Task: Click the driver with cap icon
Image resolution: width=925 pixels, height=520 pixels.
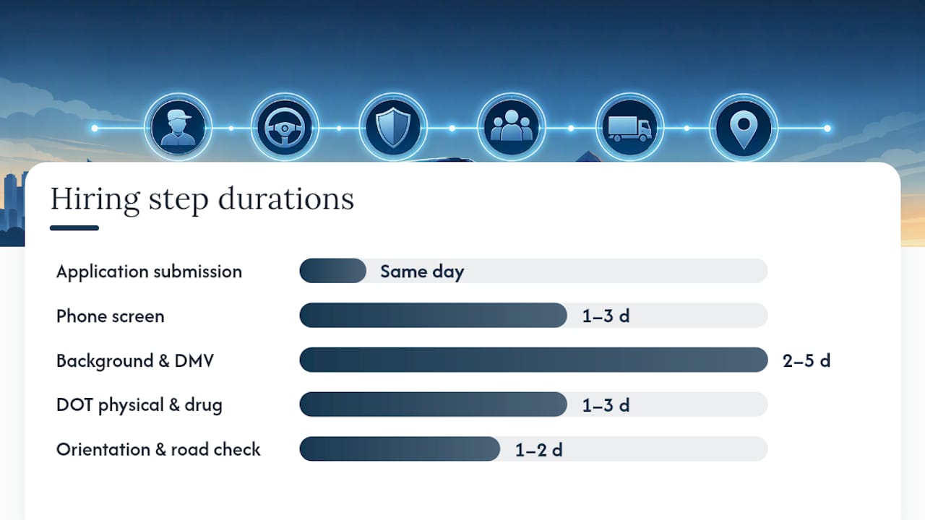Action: point(178,127)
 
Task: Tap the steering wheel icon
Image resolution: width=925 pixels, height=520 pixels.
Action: point(285,128)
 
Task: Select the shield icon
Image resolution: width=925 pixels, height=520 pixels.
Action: point(393,127)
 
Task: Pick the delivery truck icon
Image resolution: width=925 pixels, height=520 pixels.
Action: point(629,129)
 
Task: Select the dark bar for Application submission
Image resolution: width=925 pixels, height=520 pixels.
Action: point(332,271)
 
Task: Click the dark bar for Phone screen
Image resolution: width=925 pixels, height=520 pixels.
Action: point(433,316)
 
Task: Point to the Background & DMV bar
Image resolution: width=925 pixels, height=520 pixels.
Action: point(533,360)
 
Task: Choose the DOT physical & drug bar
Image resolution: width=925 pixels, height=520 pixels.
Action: point(433,404)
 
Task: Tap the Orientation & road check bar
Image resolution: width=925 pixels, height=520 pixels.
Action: point(400,449)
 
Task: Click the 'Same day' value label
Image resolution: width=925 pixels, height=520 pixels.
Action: point(422,272)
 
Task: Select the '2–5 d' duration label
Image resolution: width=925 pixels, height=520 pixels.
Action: point(806,360)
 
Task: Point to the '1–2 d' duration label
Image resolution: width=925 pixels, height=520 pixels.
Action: point(538,450)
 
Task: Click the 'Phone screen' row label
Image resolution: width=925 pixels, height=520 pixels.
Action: point(111,316)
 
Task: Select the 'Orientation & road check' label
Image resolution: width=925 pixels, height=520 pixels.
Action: point(158,449)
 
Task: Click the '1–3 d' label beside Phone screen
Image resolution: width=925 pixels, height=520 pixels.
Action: point(606,316)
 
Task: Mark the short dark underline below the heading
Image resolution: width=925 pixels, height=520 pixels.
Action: point(74,227)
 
